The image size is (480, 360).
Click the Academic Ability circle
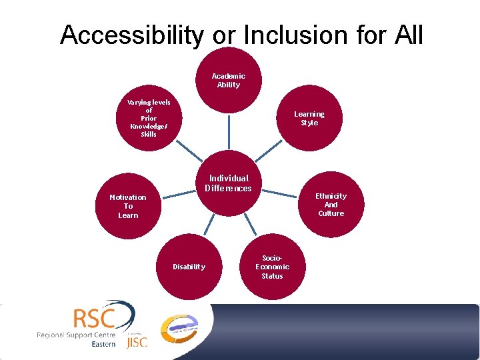pyautogui.click(x=229, y=80)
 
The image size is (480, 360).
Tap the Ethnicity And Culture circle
pyautogui.click(x=331, y=205)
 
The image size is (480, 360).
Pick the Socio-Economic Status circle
pyautogui.click(x=272, y=267)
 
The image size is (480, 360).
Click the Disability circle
pyautogui.click(x=189, y=267)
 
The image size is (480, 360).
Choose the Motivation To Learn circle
pyautogui.click(x=128, y=206)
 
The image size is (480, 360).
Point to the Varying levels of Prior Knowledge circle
pyautogui.click(x=149, y=118)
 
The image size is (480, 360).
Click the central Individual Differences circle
pyautogui.click(x=229, y=184)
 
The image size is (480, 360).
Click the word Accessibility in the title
pyautogui.click(x=131, y=35)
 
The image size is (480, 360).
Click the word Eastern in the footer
pyautogui.click(x=103, y=345)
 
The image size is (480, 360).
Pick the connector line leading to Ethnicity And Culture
pyautogui.click(x=283, y=195)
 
